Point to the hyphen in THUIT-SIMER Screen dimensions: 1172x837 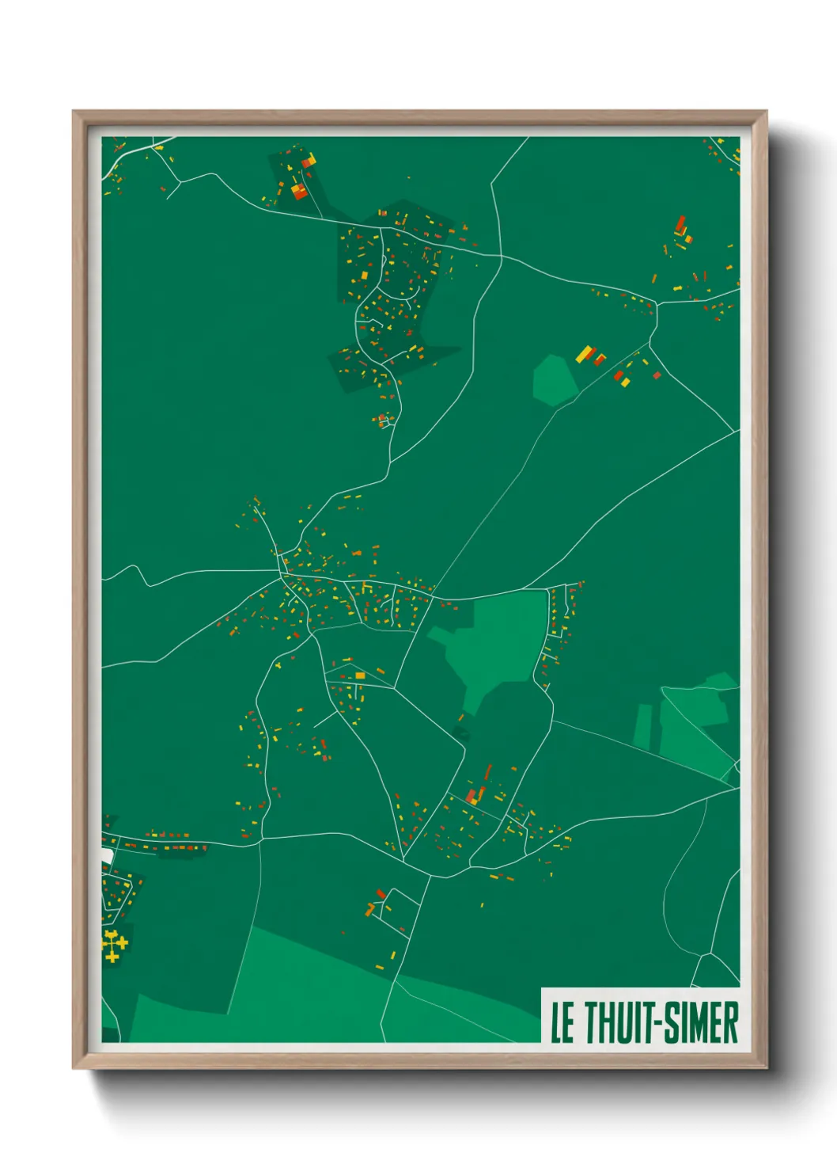click(x=656, y=1024)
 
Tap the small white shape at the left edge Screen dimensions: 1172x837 click(x=107, y=856)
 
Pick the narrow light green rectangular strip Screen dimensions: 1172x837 click(x=643, y=726)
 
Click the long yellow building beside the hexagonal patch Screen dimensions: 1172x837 click(x=584, y=353)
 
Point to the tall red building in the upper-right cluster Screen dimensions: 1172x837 click(x=680, y=224)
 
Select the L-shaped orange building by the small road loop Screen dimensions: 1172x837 click(x=369, y=908)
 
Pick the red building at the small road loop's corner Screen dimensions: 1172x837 click(x=381, y=893)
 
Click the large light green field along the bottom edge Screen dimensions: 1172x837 click(x=316, y=990)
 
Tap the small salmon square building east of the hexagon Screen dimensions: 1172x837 click(x=657, y=375)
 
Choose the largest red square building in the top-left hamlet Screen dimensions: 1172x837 click(x=299, y=190)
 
